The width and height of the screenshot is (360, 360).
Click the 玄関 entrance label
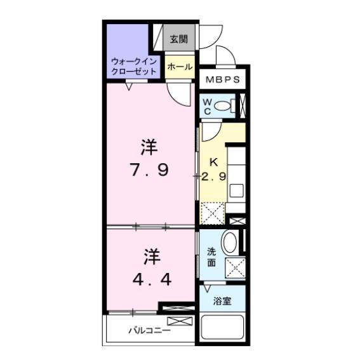tap(178, 39)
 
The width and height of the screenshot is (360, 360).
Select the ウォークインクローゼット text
tap(133, 67)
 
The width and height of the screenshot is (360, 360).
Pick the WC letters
tap(206, 105)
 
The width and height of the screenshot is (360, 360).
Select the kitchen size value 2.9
tap(213, 177)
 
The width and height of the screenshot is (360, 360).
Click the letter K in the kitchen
tap(213, 163)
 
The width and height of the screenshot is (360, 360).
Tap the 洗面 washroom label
tap(211, 257)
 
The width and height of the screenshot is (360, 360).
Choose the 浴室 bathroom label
tap(222, 301)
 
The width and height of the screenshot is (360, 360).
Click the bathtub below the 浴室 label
tap(223, 331)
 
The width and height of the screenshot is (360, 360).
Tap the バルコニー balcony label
tap(150, 330)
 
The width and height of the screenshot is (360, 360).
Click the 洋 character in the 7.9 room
tap(149, 148)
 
